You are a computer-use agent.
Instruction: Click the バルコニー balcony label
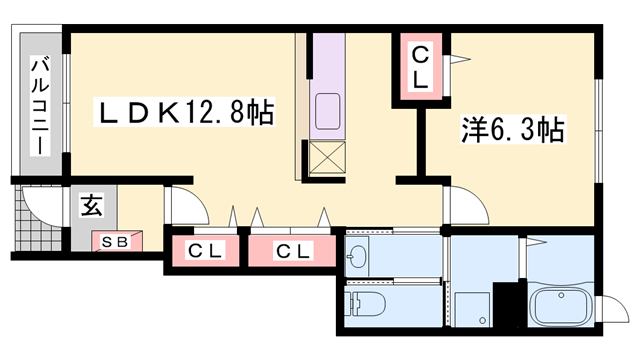point(40,104)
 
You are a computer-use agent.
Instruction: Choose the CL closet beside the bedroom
point(421,66)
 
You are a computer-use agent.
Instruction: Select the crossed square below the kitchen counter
point(328,156)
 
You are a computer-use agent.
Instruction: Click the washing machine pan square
point(471,308)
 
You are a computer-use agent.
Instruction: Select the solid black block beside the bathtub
point(510,305)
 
